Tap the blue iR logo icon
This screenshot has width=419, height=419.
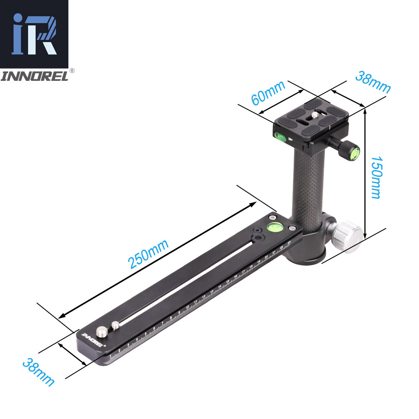click(34, 34)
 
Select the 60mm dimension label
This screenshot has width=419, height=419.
click(268, 93)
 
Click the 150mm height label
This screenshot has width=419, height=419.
click(375, 178)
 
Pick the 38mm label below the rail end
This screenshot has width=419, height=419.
click(38, 371)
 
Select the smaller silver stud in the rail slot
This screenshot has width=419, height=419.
click(115, 324)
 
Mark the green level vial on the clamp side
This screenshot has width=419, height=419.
click(279, 136)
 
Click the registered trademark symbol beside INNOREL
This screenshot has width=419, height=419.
click(72, 71)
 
